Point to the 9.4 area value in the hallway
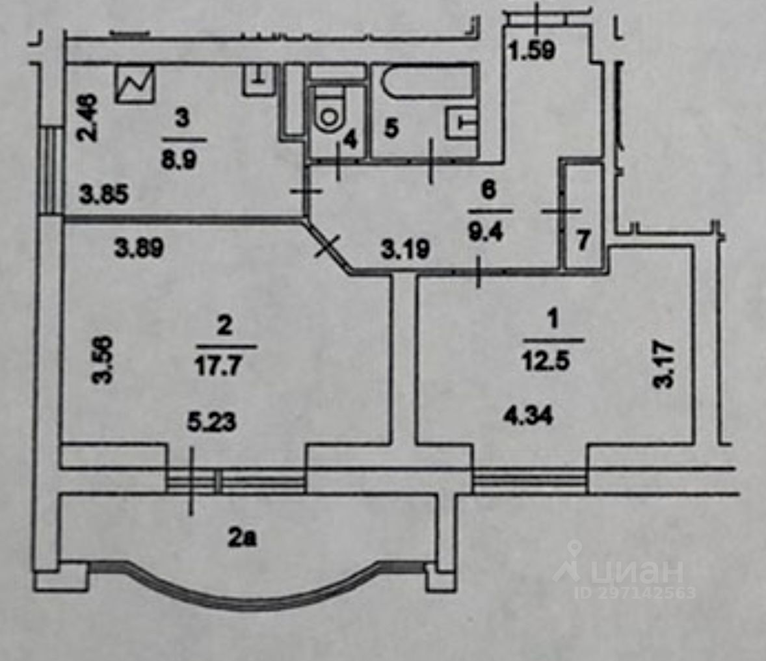486,231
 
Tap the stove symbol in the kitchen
135,84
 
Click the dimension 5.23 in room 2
211,421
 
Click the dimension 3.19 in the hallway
405,249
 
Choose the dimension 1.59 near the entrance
532,50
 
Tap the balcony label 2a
243,538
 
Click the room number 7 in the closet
583,240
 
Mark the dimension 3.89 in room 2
139,248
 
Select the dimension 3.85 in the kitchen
104,195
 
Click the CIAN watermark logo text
637,571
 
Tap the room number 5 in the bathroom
391,129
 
